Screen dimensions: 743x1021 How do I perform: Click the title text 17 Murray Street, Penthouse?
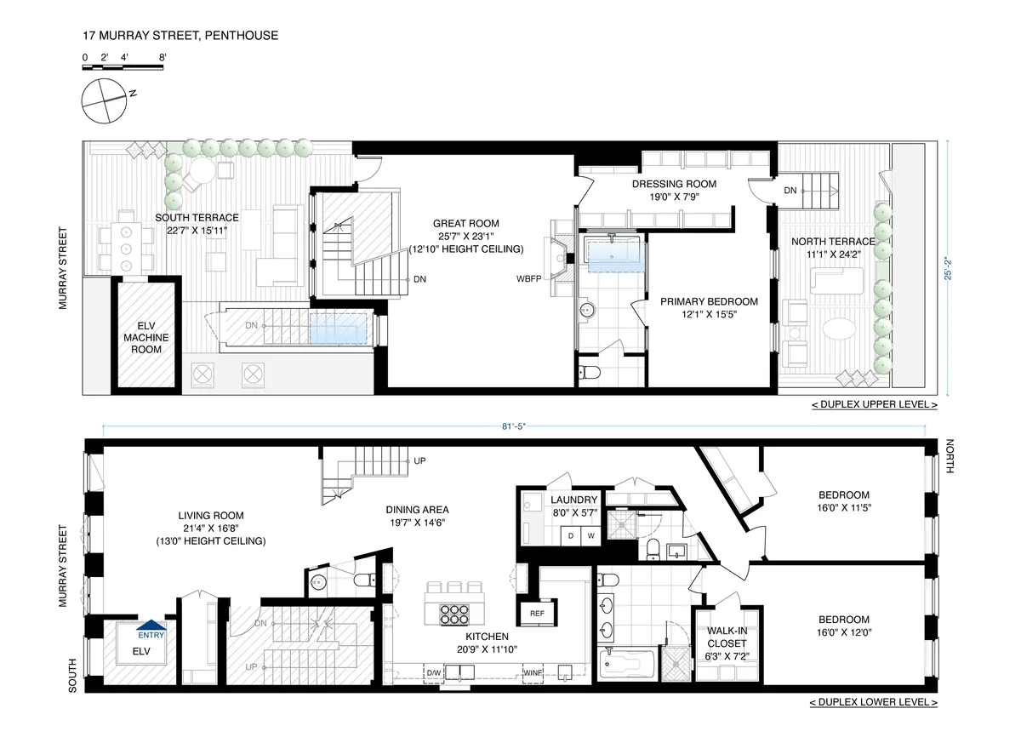click(x=180, y=36)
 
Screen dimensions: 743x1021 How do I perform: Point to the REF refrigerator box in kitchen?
click(x=537, y=613)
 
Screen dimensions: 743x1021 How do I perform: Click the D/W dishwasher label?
click(x=434, y=672)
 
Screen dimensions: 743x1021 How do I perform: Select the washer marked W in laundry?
click(x=590, y=535)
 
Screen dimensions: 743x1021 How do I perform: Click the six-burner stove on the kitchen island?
click(x=455, y=613)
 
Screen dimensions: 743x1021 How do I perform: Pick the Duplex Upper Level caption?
click(x=874, y=405)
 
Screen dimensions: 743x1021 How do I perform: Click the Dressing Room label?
click(x=674, y=190)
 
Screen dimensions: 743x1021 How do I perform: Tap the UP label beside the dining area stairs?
click(x=419, y=461)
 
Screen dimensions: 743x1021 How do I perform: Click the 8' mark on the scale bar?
click(x=162, y=57)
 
